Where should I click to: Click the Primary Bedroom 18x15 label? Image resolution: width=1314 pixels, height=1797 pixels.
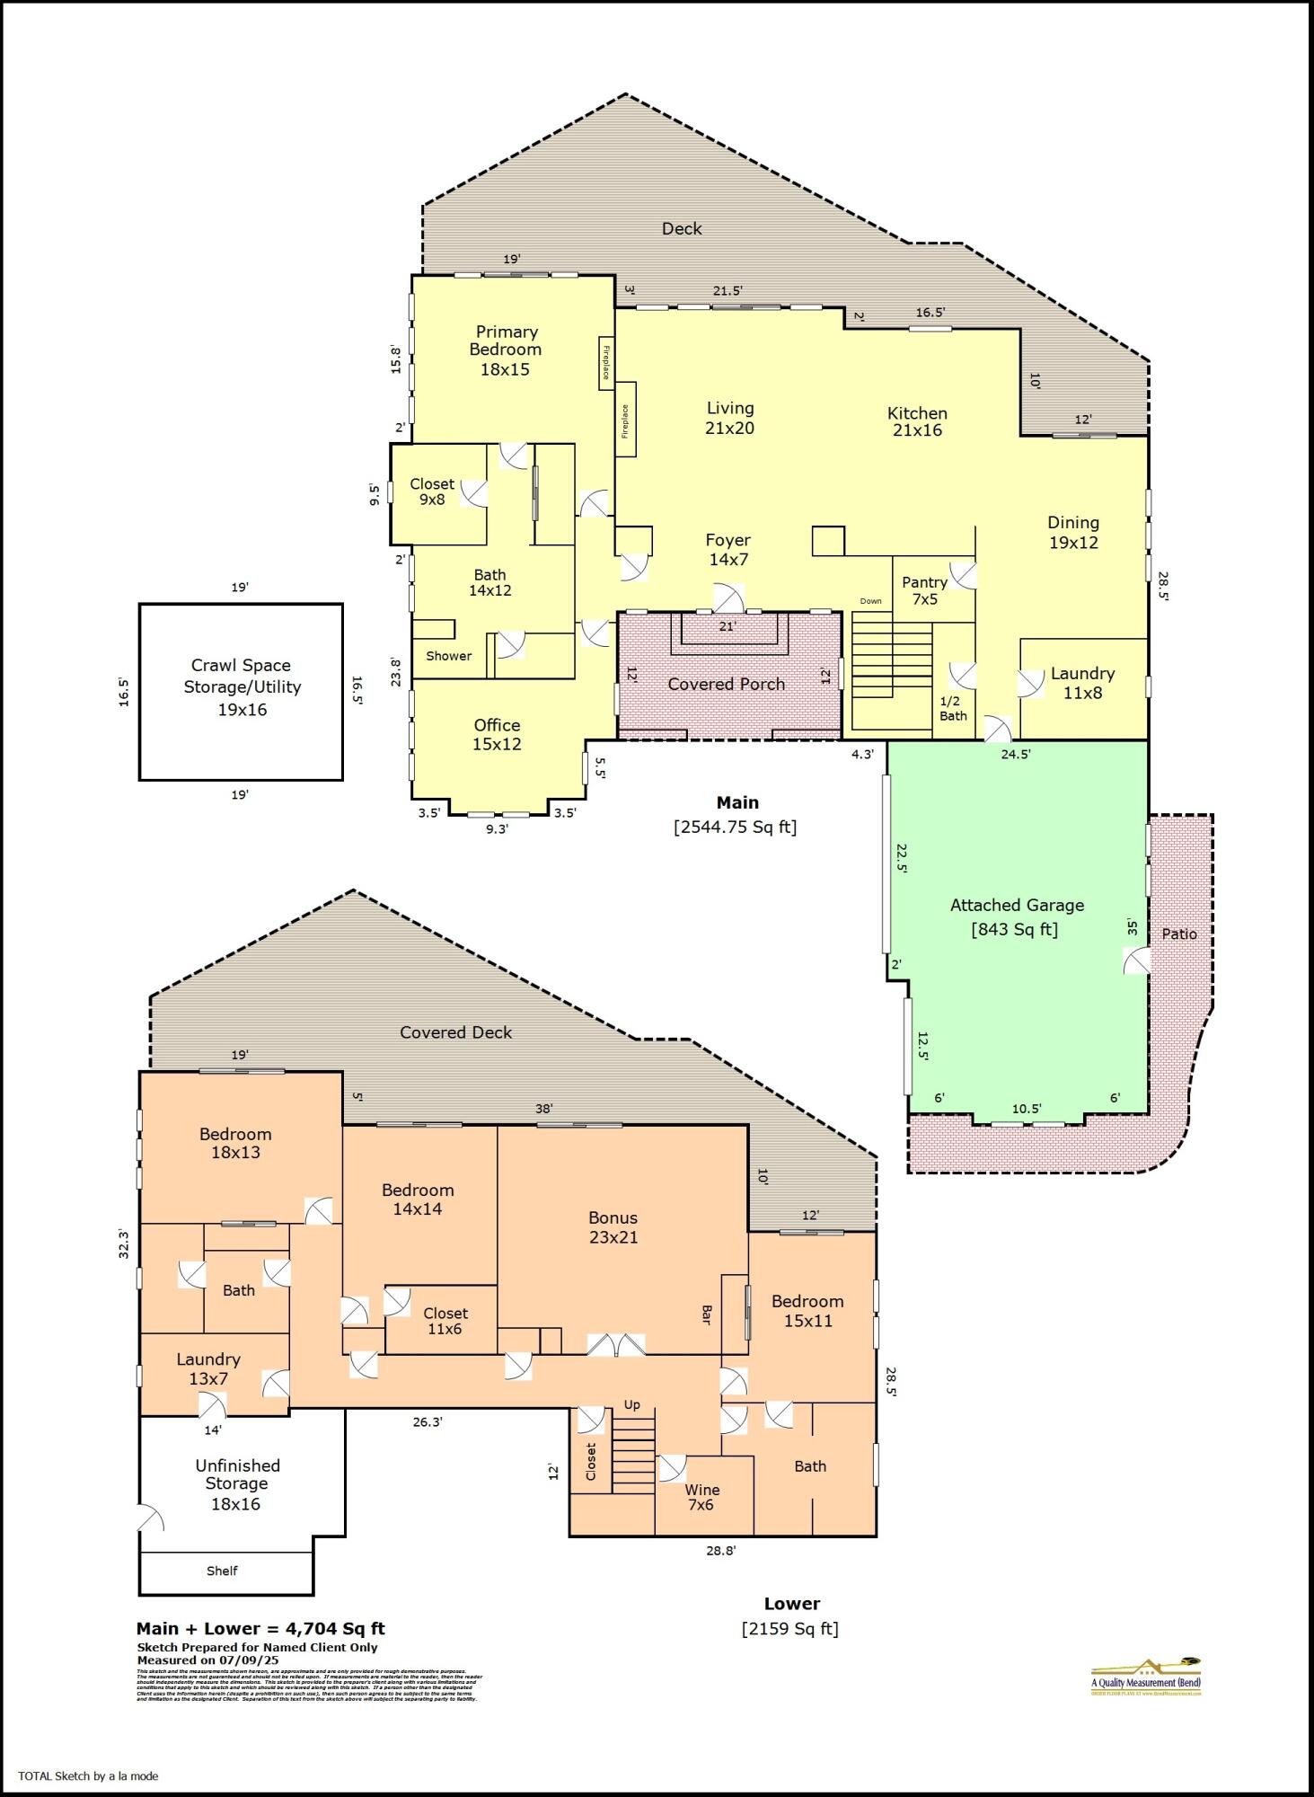[506, 350]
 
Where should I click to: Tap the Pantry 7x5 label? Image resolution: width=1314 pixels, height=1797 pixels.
[924, 590]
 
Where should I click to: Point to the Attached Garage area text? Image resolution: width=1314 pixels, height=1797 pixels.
[1016, 917]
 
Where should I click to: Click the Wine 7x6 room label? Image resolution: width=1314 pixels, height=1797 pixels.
[701, 1497]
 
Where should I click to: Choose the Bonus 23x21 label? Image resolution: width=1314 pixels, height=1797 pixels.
[613, 1227]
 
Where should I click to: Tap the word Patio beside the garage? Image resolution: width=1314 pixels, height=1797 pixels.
[1178, 934]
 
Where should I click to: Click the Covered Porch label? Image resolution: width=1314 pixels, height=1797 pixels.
[726, 684]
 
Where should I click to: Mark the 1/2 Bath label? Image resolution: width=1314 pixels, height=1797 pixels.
[952, 708]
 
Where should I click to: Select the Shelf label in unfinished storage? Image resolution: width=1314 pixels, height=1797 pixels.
[222, 1571]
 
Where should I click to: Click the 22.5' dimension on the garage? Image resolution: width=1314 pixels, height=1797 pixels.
[901, 858]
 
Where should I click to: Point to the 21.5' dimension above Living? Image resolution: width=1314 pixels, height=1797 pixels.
[728, 290]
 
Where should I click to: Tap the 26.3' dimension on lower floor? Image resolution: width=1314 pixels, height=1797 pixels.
[428, 1422]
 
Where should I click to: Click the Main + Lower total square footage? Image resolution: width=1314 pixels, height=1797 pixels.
[260, 1628]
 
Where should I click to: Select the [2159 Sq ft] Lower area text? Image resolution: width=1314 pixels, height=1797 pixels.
[789, 1628]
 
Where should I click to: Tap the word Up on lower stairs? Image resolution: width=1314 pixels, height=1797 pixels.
[632, 1404]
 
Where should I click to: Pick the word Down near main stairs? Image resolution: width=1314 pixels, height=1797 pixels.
[870, 601]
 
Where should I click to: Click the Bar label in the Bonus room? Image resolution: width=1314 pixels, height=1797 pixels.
[706, 1315]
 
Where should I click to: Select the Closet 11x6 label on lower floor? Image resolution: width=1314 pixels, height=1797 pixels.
[445, 1321]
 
